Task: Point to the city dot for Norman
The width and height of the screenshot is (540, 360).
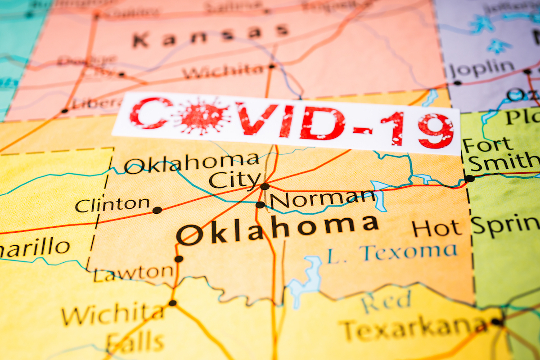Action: tap(260, 205)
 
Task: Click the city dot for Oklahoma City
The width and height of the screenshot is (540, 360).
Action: tap(265, 186)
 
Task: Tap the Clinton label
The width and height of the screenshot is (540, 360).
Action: tap(112, 205)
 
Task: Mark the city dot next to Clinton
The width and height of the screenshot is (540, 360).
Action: tap(157, 210)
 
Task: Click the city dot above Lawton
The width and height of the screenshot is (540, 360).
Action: tap(179, 259)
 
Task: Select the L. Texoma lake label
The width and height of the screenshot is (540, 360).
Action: tap(391, 253)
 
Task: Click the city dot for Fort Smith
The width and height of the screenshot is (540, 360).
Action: tap(469, 178)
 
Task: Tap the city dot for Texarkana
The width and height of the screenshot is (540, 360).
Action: tap(496, 322)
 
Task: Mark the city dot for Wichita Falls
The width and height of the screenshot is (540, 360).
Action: tap(172, 303)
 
